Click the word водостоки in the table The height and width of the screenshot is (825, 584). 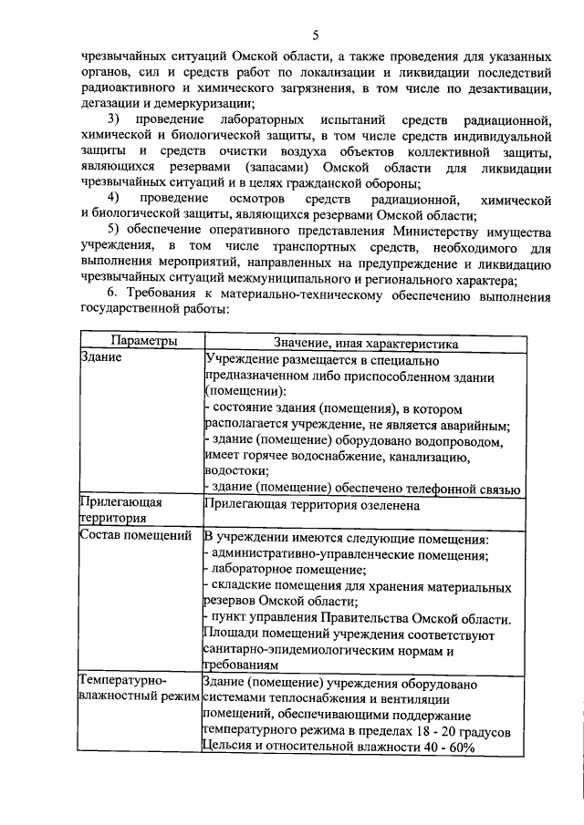[235, 471]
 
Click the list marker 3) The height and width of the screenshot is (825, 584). [113, 120]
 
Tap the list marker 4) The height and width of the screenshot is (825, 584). [113, 198]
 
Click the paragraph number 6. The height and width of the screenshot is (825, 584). [113, 296]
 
